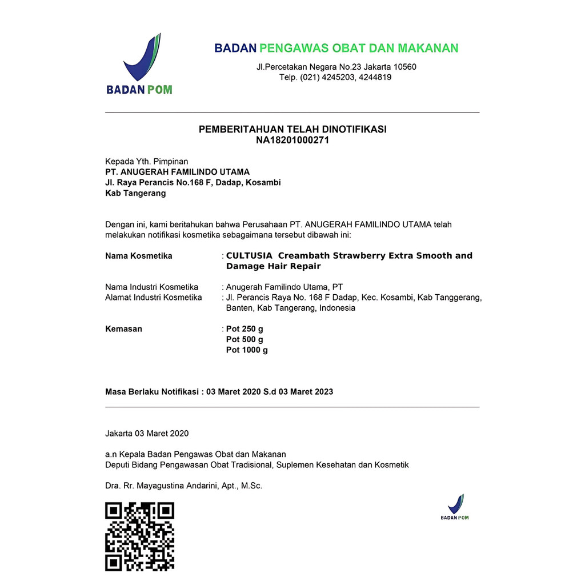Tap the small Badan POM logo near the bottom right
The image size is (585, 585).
click(455, 507)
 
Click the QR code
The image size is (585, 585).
click(139, 536)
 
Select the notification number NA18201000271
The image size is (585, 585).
click(292, 140)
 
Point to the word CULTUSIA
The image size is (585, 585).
click(249, 255)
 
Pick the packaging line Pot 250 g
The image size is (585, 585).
click(245, 329)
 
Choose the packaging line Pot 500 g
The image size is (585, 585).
click(245, 339)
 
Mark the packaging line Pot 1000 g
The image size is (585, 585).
click(247, 350)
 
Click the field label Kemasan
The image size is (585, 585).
click(123, 329)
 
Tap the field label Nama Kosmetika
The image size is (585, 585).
click(138, 255)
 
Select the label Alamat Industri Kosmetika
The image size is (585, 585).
click(153, 297)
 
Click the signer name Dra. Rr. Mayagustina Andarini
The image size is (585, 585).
click(183, 486)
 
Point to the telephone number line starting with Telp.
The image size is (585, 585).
click(335, 77)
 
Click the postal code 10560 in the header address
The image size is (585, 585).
click(403, 67)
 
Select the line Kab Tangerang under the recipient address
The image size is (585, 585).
click(135, 193)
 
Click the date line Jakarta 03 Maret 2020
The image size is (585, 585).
click(147, 434)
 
